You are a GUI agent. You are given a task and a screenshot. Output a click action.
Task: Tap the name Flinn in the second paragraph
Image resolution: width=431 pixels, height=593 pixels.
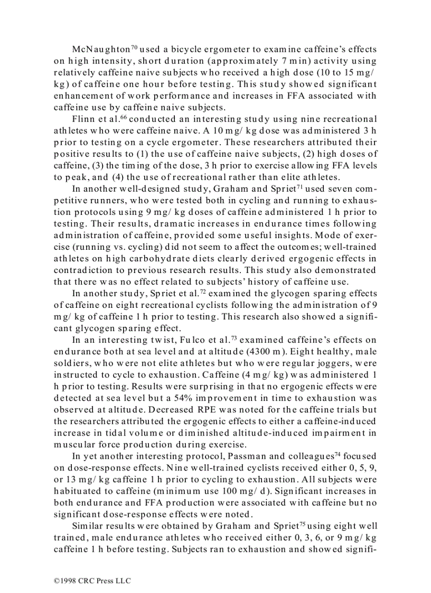tap(82, 119)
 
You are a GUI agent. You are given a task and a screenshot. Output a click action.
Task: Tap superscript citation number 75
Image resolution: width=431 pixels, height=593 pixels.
tap(303, 523)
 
